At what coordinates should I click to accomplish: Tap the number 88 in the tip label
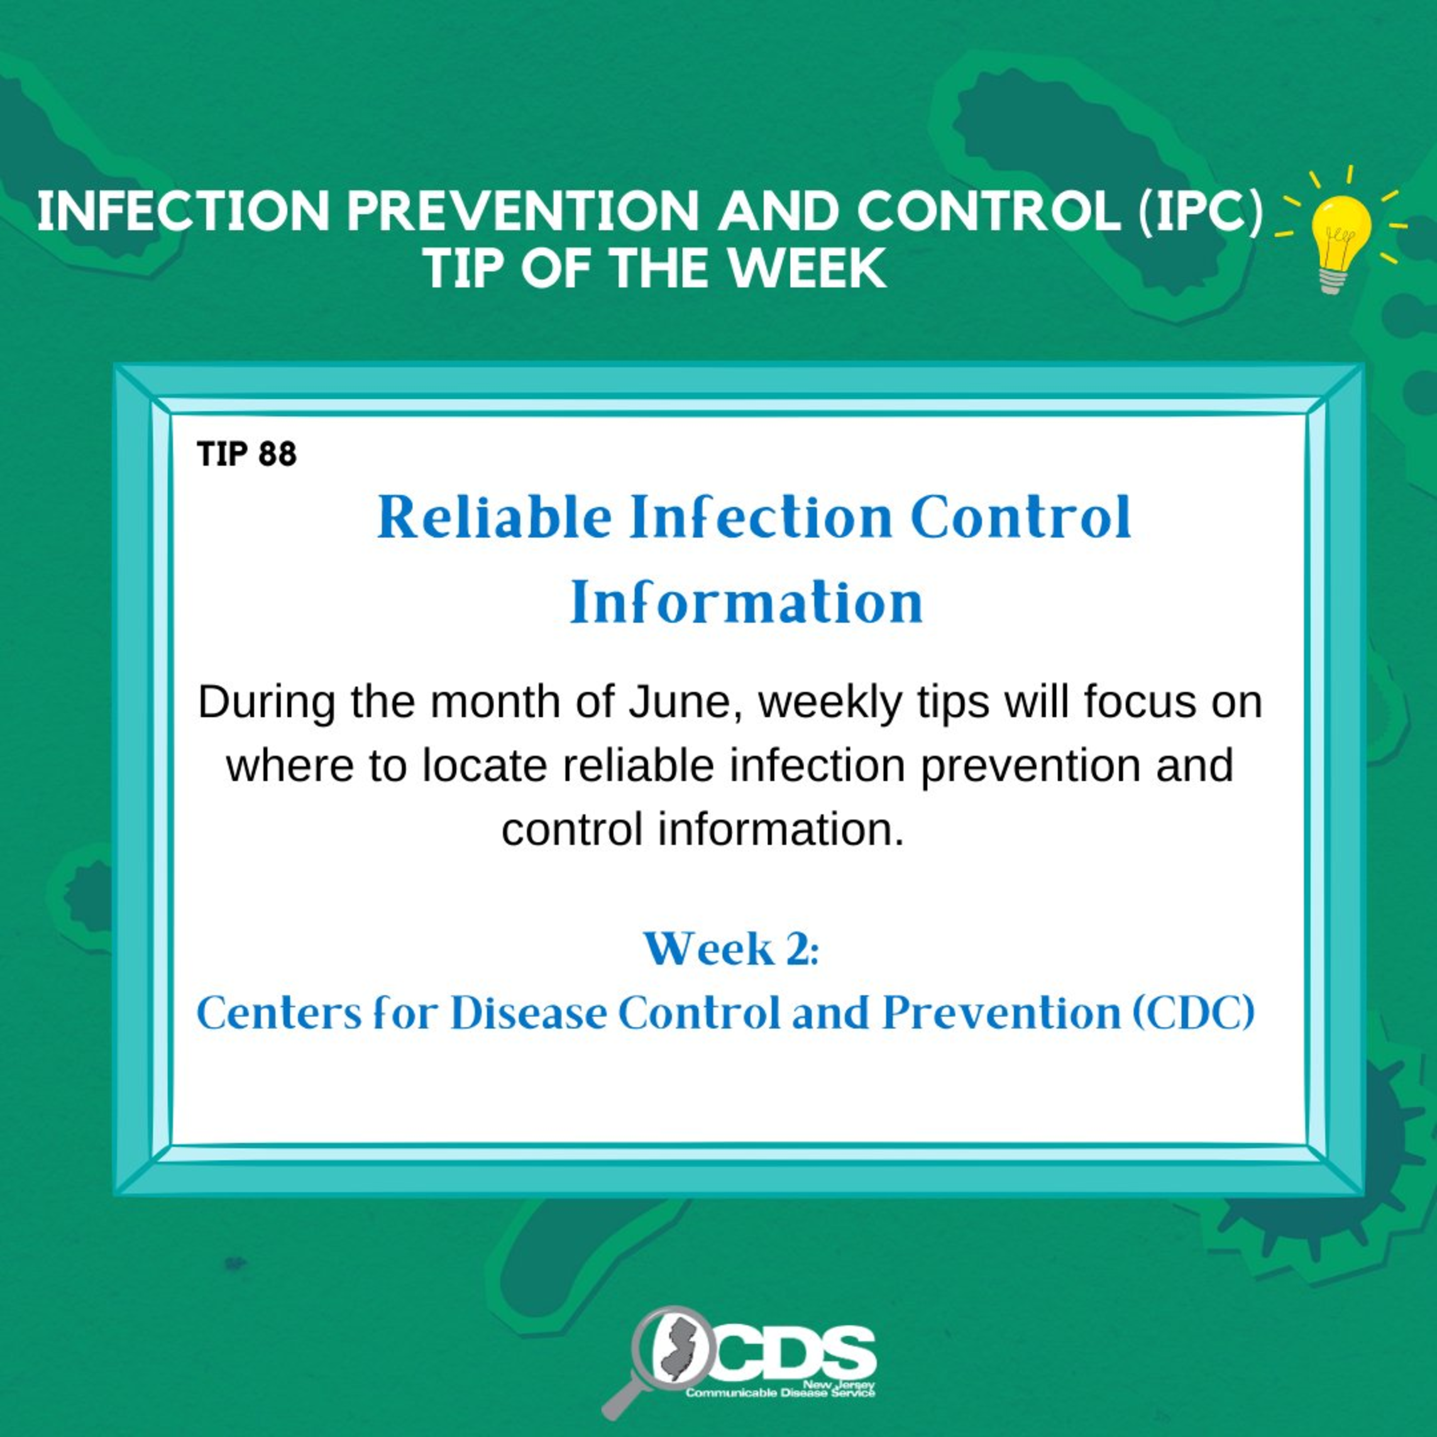(277, 454)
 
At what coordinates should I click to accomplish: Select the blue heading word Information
(746, 602)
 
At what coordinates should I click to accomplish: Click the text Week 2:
(730, 950)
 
